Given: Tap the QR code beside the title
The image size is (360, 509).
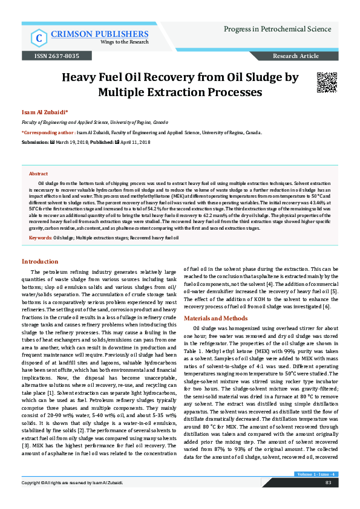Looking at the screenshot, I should [326, 82].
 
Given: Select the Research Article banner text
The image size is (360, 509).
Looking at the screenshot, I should [296, 56].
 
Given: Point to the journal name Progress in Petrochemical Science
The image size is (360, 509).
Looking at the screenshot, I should [278, 29].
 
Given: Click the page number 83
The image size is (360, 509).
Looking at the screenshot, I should [328, 500].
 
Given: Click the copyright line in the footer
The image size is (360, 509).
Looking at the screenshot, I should [73, 500].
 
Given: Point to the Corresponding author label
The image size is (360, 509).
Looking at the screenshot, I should [49, 132].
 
